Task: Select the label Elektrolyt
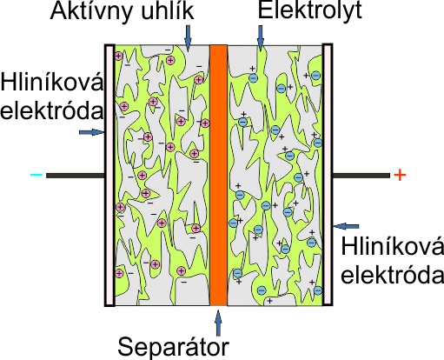point(310,10)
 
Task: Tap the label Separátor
point(173,346)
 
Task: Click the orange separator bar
point(218,175)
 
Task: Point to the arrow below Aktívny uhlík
point(188,37)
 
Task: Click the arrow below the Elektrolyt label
point(261,37)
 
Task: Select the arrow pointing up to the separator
point(219,323)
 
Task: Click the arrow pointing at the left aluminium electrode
point(92,132)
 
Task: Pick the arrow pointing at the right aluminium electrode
point(346,226)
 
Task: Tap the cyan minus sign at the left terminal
point(36,175)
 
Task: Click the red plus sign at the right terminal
point(400,175)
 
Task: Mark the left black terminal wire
point(76,176)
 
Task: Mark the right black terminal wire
point(361,176)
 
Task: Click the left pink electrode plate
point(109,175)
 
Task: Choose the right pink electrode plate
point(328,175)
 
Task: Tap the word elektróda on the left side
point(52,110)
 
